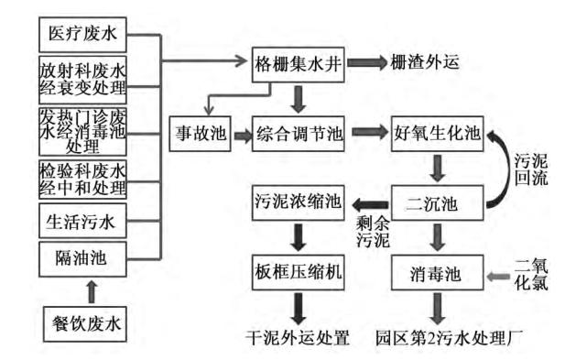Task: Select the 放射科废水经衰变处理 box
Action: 82,82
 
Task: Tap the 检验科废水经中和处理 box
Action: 82,178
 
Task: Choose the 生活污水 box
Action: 82,224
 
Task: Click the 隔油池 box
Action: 82,258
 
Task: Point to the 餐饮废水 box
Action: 82,324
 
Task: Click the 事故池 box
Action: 198,134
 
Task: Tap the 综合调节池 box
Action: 298,134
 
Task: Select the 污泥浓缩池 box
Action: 298,202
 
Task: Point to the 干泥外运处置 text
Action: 298,335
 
